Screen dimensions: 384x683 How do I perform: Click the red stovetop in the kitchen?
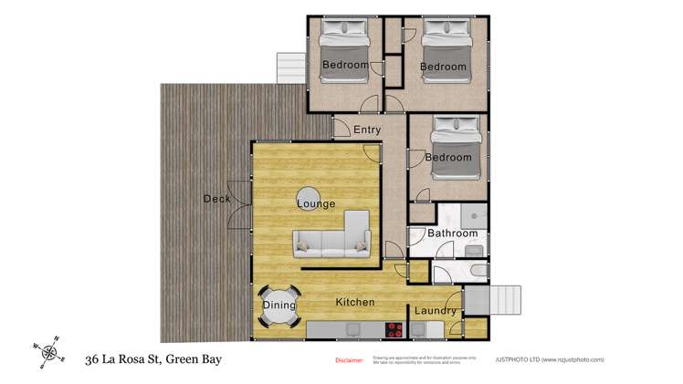click(395, 329)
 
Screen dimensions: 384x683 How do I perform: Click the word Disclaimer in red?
click(349, 360)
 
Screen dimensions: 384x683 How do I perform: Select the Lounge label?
click(316, 204)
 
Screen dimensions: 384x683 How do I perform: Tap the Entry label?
click(367, 130)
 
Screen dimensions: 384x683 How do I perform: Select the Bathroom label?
click(453, 234)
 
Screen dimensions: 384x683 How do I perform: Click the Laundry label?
click(435, 311)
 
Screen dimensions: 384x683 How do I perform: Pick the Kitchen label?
click(356, 302)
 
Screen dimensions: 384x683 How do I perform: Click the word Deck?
click(216, 200)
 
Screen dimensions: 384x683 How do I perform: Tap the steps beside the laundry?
click(497, 300)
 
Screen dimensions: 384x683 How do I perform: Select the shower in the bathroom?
click(472, 215)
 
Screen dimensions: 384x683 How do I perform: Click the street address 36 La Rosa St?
click(153, 359)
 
